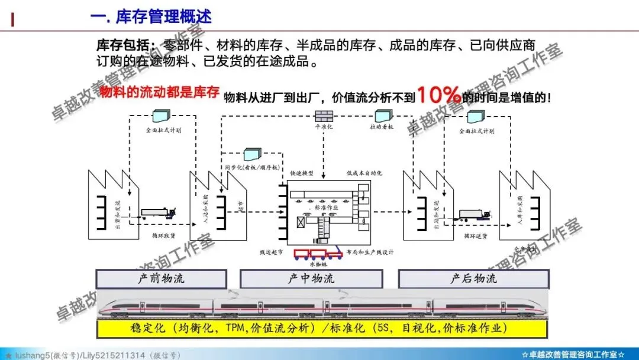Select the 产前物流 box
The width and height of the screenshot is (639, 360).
pos(161,279)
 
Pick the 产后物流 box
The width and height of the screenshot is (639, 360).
pos(473,279)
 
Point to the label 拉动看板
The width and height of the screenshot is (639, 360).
pos(382,127)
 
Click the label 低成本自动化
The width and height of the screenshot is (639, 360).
pos(364,173)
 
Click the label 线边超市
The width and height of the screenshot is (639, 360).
pos(271,252)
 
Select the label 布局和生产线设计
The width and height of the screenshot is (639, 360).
pos(370,252)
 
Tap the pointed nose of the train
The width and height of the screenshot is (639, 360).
pos(104,307)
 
